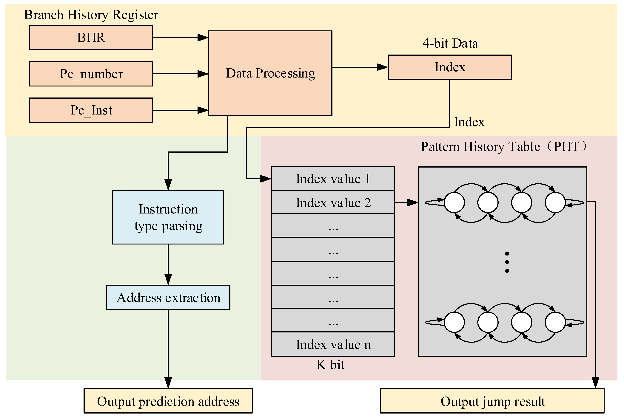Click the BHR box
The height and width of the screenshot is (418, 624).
[91, 38]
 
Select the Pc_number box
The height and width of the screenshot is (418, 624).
[91, 74]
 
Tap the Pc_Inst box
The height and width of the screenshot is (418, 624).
[91, 110]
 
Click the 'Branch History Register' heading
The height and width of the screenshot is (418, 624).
[91, 15]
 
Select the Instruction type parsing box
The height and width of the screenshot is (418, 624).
[168, 217]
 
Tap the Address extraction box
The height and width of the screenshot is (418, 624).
[168, 297]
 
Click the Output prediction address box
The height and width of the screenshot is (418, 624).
[168, 401]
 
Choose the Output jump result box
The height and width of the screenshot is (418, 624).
[492, 401]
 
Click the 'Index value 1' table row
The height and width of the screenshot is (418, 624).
[333, 179]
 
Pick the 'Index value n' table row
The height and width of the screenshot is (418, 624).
[333, 344]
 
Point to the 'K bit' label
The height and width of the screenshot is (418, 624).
[330, 365]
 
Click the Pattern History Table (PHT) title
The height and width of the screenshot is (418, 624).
[504, 146]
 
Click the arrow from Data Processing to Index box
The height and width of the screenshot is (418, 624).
[360, 67]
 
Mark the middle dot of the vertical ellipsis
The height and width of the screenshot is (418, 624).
[507, 262]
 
